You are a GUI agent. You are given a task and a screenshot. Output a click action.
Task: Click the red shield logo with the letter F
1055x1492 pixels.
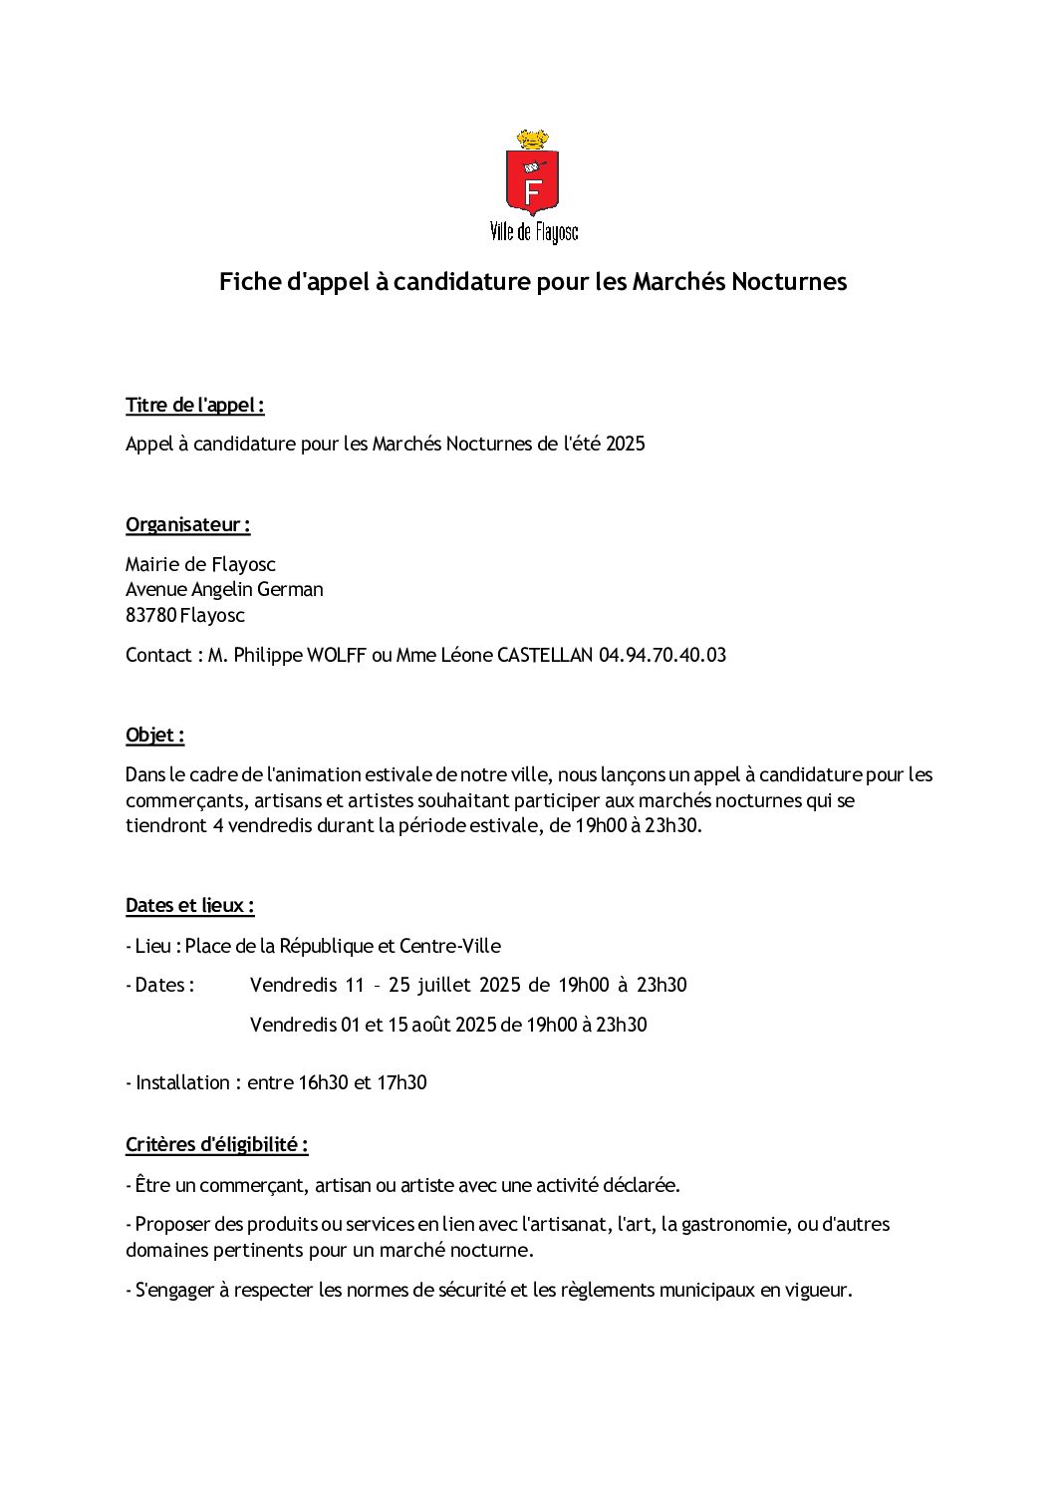pos(532,181)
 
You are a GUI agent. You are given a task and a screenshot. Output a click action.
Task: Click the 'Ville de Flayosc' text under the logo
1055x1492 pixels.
pos(533,233)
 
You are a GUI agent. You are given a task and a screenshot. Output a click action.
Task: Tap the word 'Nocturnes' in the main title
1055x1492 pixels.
pos(789,282)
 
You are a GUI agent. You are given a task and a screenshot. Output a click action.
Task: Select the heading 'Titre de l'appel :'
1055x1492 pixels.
pos(194,406)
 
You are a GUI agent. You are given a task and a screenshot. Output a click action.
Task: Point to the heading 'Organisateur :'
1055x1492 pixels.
pos(187,525)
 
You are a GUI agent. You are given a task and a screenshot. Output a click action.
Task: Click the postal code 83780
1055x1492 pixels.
pos(150,616)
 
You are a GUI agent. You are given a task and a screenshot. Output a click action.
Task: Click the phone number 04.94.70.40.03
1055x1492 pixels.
pos(661,656)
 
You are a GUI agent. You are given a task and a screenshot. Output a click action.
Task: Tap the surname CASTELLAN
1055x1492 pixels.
pos(544,656)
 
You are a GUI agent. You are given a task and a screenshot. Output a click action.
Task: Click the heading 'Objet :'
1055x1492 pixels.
pos(155,736)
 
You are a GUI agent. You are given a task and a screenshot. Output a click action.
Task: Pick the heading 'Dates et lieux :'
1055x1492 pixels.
pos(189,906)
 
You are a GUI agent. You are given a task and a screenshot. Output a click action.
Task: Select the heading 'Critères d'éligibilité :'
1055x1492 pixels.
pos(216,1145)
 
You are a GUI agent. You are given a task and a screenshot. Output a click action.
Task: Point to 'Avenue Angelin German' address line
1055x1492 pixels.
pos(224,590)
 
